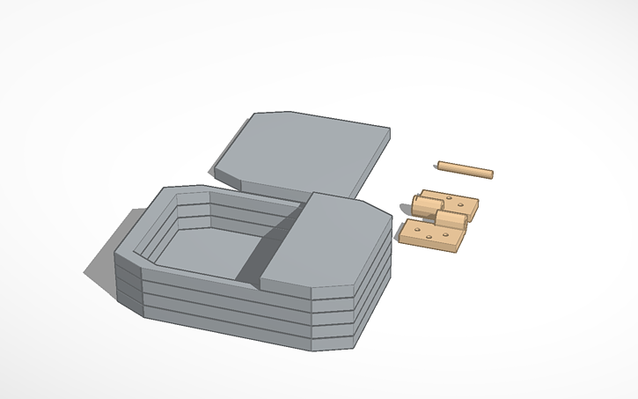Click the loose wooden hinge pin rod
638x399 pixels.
click(x=466, y=168)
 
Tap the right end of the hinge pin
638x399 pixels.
click(x=491, y=174)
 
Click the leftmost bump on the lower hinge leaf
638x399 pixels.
click(x=413, y=232)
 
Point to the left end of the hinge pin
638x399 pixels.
click(x=440, y=164)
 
